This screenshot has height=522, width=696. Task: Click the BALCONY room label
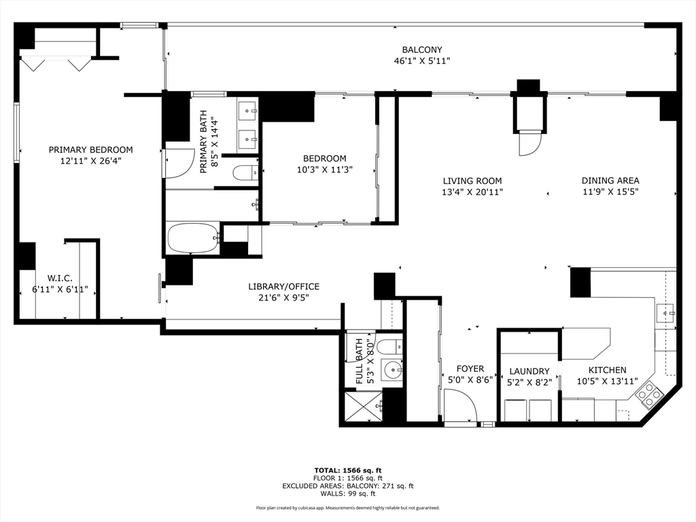tap(421, 50)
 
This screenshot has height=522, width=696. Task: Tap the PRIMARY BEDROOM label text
tap(90, 150)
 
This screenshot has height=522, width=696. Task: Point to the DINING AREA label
tap(610, 181)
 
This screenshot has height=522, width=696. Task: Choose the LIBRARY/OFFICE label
tap(283, 287)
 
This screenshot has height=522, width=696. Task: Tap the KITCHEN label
tap(607, 370)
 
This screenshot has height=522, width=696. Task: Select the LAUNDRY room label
tap(529, 371)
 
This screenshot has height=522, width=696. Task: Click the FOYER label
tap(470, 369)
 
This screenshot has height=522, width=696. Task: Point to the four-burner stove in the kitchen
tap(649, 394)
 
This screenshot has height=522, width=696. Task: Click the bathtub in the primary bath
tap(193, 238)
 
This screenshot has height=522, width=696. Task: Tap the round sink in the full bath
tap(391, 370)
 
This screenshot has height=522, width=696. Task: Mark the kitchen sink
tap(665, 313)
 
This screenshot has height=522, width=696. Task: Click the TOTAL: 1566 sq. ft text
tap(347, 470)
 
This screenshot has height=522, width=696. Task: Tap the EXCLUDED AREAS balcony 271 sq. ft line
tap(347, 486)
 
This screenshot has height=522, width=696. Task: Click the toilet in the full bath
tap(389, 345)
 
